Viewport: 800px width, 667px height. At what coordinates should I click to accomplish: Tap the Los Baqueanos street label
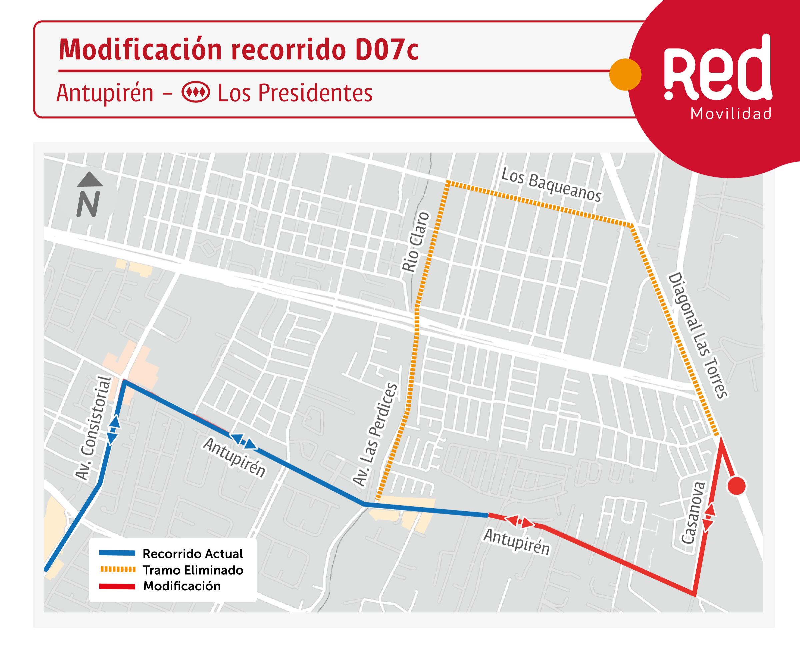[551, 185]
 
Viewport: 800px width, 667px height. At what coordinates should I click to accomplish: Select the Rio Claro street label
[416, 242]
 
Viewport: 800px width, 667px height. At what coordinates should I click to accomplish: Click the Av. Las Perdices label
[375, 435]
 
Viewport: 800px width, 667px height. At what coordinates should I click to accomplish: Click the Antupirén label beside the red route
[517, 542]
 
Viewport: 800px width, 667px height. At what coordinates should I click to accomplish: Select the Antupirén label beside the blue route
[234, 457]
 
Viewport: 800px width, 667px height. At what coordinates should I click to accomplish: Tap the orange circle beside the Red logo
[625, 74]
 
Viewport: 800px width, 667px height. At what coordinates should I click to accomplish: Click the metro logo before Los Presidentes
[196, 93]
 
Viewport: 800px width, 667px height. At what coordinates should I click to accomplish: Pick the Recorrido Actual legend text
[193, 554]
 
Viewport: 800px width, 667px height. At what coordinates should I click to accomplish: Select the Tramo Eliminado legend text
[193, 570]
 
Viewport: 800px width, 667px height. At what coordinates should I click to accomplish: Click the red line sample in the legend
[117, 586]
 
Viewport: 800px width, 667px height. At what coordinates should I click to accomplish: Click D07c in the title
[386, 50]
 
